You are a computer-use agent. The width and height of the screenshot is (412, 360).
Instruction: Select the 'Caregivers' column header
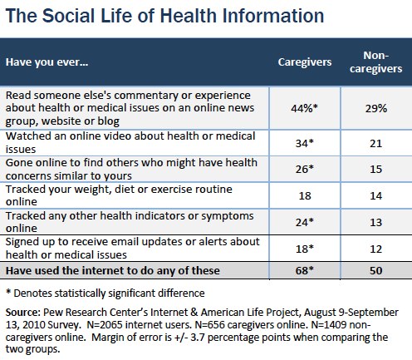tap(305, 62)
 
